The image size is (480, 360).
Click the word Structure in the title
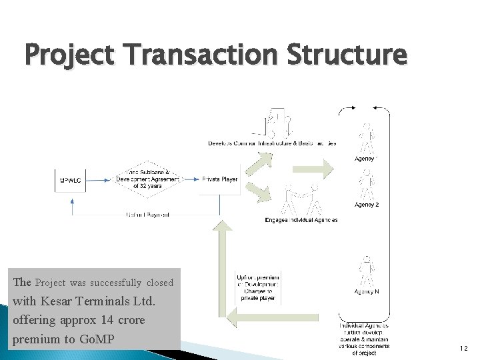pyautogui.click(x=346, y=55)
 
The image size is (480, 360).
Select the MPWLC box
pyautogui.click(x=71, y=180)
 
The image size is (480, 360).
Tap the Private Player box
pyautogui.click(x=219, y=179)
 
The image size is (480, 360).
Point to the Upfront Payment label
pyautogui.click(x=147, y=215)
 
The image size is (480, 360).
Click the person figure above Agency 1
pyautogui.click(x=366, y=138)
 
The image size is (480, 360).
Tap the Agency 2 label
pyautogui.click(x=367, y=205)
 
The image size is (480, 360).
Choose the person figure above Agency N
pyautogui.click(x=366, y=270)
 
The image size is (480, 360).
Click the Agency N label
pyautogui.click(x=367, y=291)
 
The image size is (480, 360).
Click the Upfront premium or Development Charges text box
pyautogui.click(x=258, y=287)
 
